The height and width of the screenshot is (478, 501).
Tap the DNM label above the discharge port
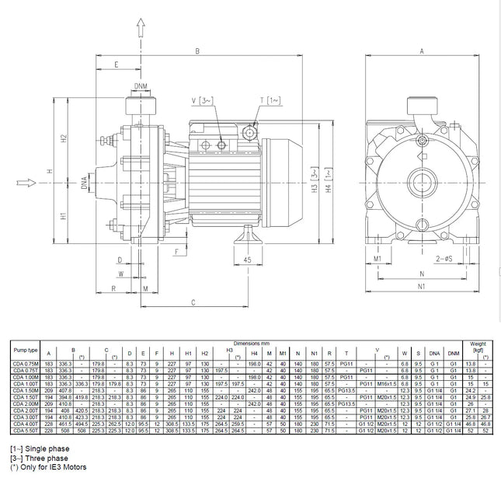140,85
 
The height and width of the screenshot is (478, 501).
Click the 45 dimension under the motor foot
248,259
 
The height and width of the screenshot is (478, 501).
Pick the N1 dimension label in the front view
422,286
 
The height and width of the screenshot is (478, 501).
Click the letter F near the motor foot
177,251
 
